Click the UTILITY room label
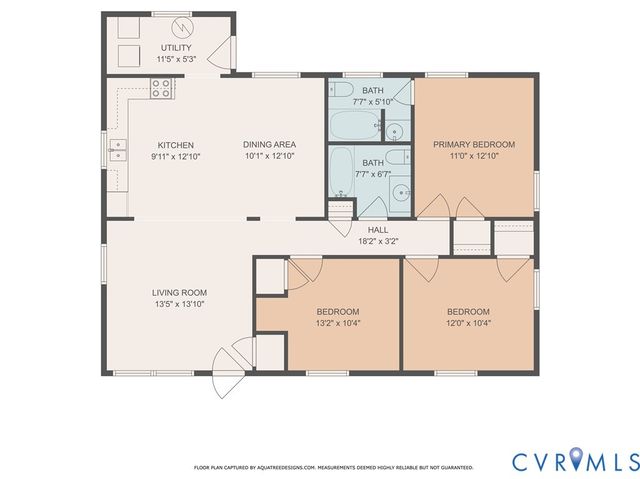[x=176, y=48]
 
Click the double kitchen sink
[x=120, y=152]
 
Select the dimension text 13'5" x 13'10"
[x=179, y=304]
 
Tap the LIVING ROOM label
[x=179, y=293]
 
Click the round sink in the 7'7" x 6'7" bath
[x=402, y=193]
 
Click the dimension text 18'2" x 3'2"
[x=378, y=241]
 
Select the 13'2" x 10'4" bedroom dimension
[x=337, y=322]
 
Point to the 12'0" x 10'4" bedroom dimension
[x=468, y=322]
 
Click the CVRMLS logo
[x=574, y=461]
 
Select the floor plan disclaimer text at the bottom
[x=333, y=467]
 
